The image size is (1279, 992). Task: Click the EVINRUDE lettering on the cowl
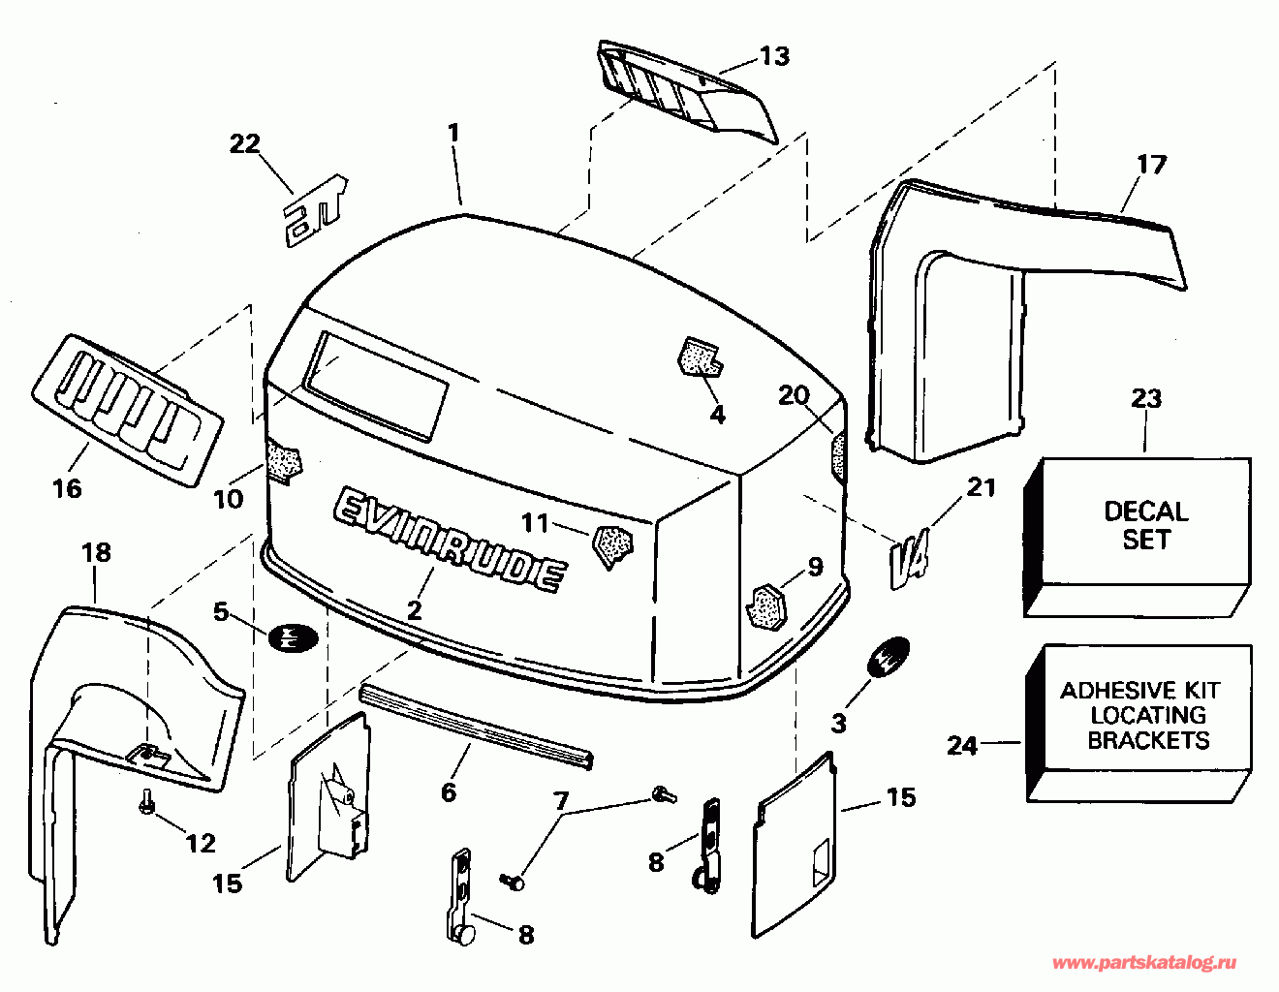[x=449, y=537]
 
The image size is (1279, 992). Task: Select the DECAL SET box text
[x=1145, y=525]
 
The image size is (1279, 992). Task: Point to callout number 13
[x=774, y=56]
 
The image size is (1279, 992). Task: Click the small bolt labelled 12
[x=146, y=802]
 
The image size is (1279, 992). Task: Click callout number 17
[x=1151, y=165]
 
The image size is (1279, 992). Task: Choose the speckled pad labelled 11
[x=611, y=544]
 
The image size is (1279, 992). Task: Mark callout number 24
[x=962, y=745]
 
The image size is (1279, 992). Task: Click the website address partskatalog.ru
[x=1144, y=963]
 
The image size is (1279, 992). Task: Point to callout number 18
[x=96, y=552]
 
